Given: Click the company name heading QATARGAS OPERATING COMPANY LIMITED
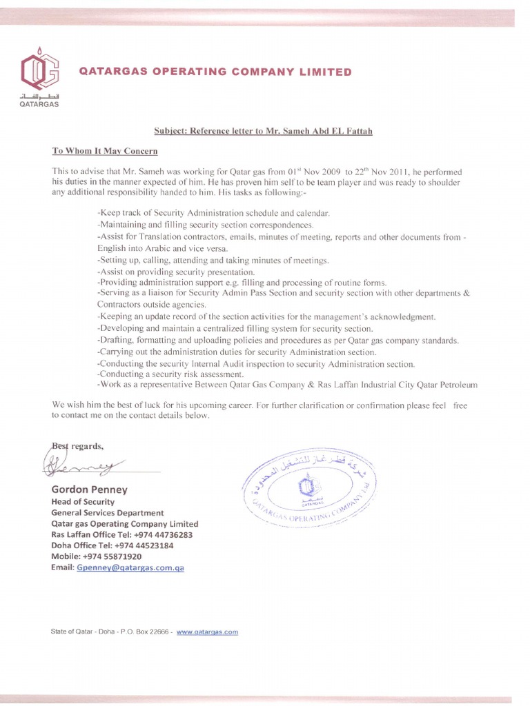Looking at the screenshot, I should (215, 72).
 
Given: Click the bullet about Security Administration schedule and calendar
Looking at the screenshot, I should (214, 214).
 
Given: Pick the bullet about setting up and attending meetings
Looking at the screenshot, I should (213, 260).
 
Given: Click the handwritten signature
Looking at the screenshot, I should (83, 465).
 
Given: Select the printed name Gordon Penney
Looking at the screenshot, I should (89, 490).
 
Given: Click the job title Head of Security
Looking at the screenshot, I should (83, 502).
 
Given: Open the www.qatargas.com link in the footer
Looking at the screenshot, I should (207, 631).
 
